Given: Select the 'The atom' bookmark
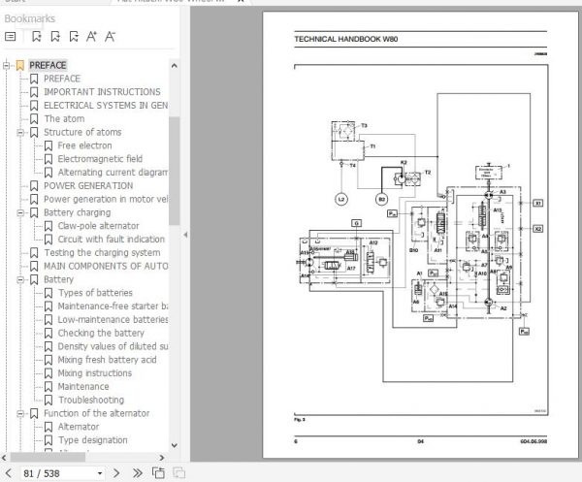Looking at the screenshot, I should click(x=67, y=119).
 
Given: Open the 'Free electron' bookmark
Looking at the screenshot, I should click(x=84, y=145).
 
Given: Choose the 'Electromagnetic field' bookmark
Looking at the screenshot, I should click(x=100, y=159).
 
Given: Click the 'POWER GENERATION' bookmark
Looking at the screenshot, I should click(x=88, y=185).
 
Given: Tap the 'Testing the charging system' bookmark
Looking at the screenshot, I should click(x=102, y=253).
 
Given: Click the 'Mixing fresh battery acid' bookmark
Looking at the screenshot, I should click(x=108, y=360).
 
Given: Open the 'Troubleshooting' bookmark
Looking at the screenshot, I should click(x=90, y=400).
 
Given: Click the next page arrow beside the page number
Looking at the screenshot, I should click(x=115, y=472).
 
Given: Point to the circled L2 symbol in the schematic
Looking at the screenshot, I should click(x=341, y=200).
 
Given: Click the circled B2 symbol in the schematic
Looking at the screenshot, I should click(x=380, y=200).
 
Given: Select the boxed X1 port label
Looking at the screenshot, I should click(x=538, y=205).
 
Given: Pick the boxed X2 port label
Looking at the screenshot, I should click(x=538, y=229).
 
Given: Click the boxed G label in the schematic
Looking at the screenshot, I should click(x=356, y=223).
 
